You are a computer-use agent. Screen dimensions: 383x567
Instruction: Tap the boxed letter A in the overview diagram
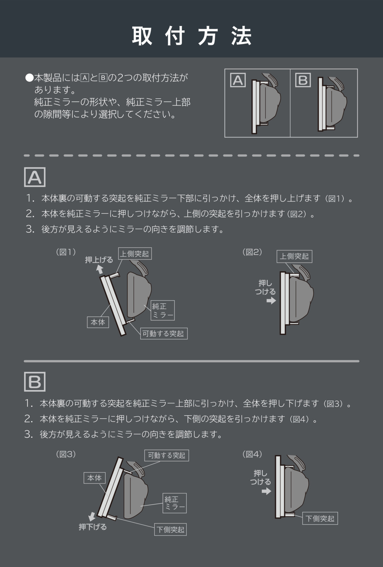[238, 80]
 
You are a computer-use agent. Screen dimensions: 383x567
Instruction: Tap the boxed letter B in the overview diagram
[303, 80]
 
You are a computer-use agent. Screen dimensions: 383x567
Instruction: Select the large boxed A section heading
[35, 177]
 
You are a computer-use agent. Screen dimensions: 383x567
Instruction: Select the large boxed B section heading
[35, 382]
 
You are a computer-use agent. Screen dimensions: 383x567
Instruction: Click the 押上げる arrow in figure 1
[99, 269]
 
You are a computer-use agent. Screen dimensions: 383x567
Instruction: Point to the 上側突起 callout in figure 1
[135, 253]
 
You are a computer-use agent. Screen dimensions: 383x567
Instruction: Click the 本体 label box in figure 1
[98, 322]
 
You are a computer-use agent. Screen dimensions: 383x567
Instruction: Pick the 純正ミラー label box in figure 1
[163, 310]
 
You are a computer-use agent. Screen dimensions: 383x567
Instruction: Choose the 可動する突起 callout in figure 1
[164, 334]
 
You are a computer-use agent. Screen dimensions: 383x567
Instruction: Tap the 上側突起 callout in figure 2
[295, 256]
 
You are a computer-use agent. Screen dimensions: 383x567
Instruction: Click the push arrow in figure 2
[271, 301]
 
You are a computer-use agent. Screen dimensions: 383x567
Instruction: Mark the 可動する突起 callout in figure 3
[167, 455]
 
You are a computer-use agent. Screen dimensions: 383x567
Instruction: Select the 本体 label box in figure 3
[95, 478]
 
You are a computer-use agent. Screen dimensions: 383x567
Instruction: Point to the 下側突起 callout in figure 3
[171, 530]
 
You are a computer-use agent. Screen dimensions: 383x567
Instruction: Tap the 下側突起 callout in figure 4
[320, 519]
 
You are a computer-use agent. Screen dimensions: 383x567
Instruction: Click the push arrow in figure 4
[266, 491]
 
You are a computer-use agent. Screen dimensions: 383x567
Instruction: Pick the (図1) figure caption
[66, 252]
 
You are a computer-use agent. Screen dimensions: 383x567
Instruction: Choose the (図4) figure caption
[252, 454]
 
